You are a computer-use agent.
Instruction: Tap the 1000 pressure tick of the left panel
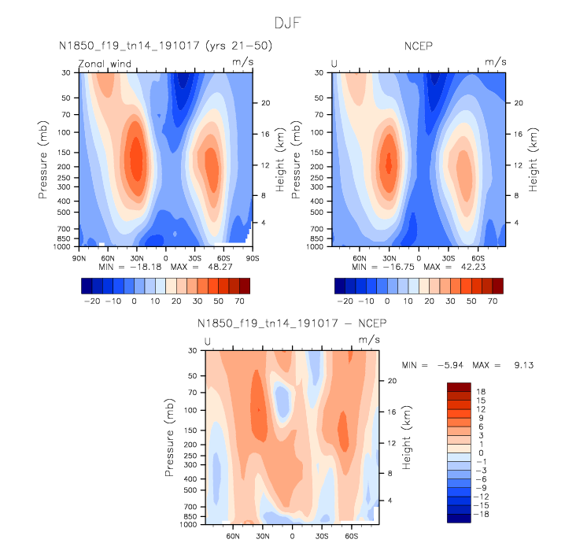click(x=60, y=246)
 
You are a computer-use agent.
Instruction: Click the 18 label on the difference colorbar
click(x=481, y=390)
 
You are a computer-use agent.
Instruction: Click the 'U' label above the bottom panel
click(x=208, y=341)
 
